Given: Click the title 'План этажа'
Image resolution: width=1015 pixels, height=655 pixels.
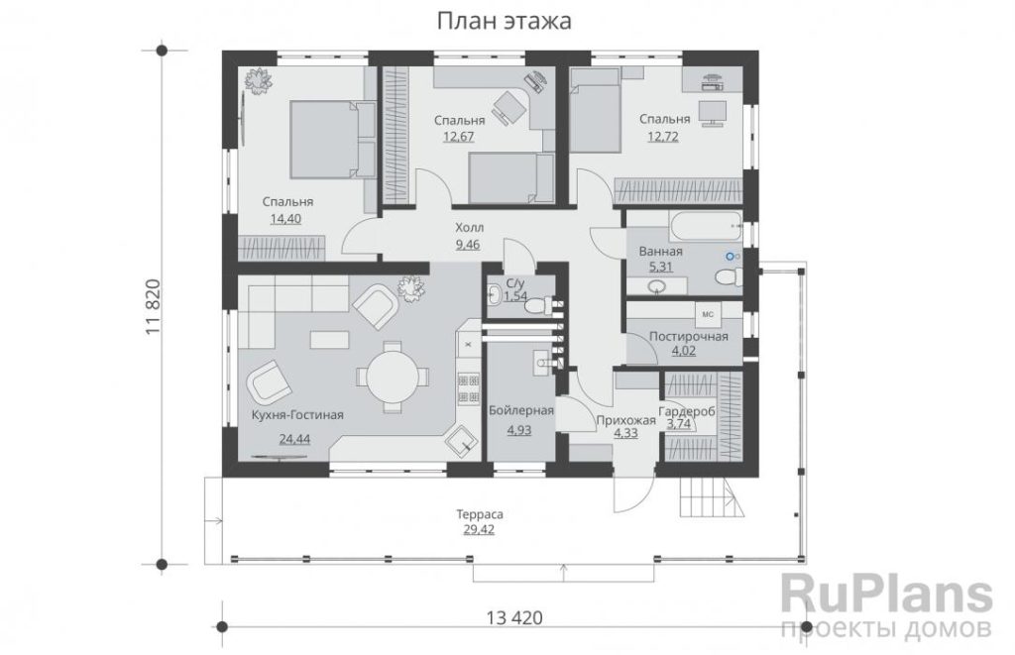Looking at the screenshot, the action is point(505,21).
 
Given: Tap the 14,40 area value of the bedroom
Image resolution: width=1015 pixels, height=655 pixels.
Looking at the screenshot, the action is point(285,219).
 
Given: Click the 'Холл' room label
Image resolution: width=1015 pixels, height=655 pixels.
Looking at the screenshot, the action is point(469,228).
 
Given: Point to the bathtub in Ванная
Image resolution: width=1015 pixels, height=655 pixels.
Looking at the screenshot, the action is point(705,226).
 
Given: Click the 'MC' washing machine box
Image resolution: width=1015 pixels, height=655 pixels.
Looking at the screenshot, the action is point(708,314).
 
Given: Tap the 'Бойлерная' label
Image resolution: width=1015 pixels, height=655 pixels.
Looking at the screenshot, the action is point(521,410).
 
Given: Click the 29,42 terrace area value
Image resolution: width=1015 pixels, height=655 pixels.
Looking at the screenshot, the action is point(479,529).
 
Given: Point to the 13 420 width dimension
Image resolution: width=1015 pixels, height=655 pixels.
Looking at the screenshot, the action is point(514,618).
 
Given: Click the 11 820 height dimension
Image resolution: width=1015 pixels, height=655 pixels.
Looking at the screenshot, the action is point(153,307).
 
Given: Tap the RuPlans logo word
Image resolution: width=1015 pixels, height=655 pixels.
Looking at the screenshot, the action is point(886,595).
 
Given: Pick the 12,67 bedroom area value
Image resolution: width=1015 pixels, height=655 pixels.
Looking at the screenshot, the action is point(459,137).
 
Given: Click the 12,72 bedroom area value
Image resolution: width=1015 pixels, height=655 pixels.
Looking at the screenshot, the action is point(663,136).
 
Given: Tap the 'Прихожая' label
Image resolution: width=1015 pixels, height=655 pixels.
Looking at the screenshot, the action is point(626,421).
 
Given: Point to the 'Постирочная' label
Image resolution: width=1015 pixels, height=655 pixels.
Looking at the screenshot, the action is point(689,337).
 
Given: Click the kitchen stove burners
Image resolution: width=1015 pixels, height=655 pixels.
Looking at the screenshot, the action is point(469,387).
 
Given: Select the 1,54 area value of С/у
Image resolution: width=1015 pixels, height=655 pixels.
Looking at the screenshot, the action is point(515,296).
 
